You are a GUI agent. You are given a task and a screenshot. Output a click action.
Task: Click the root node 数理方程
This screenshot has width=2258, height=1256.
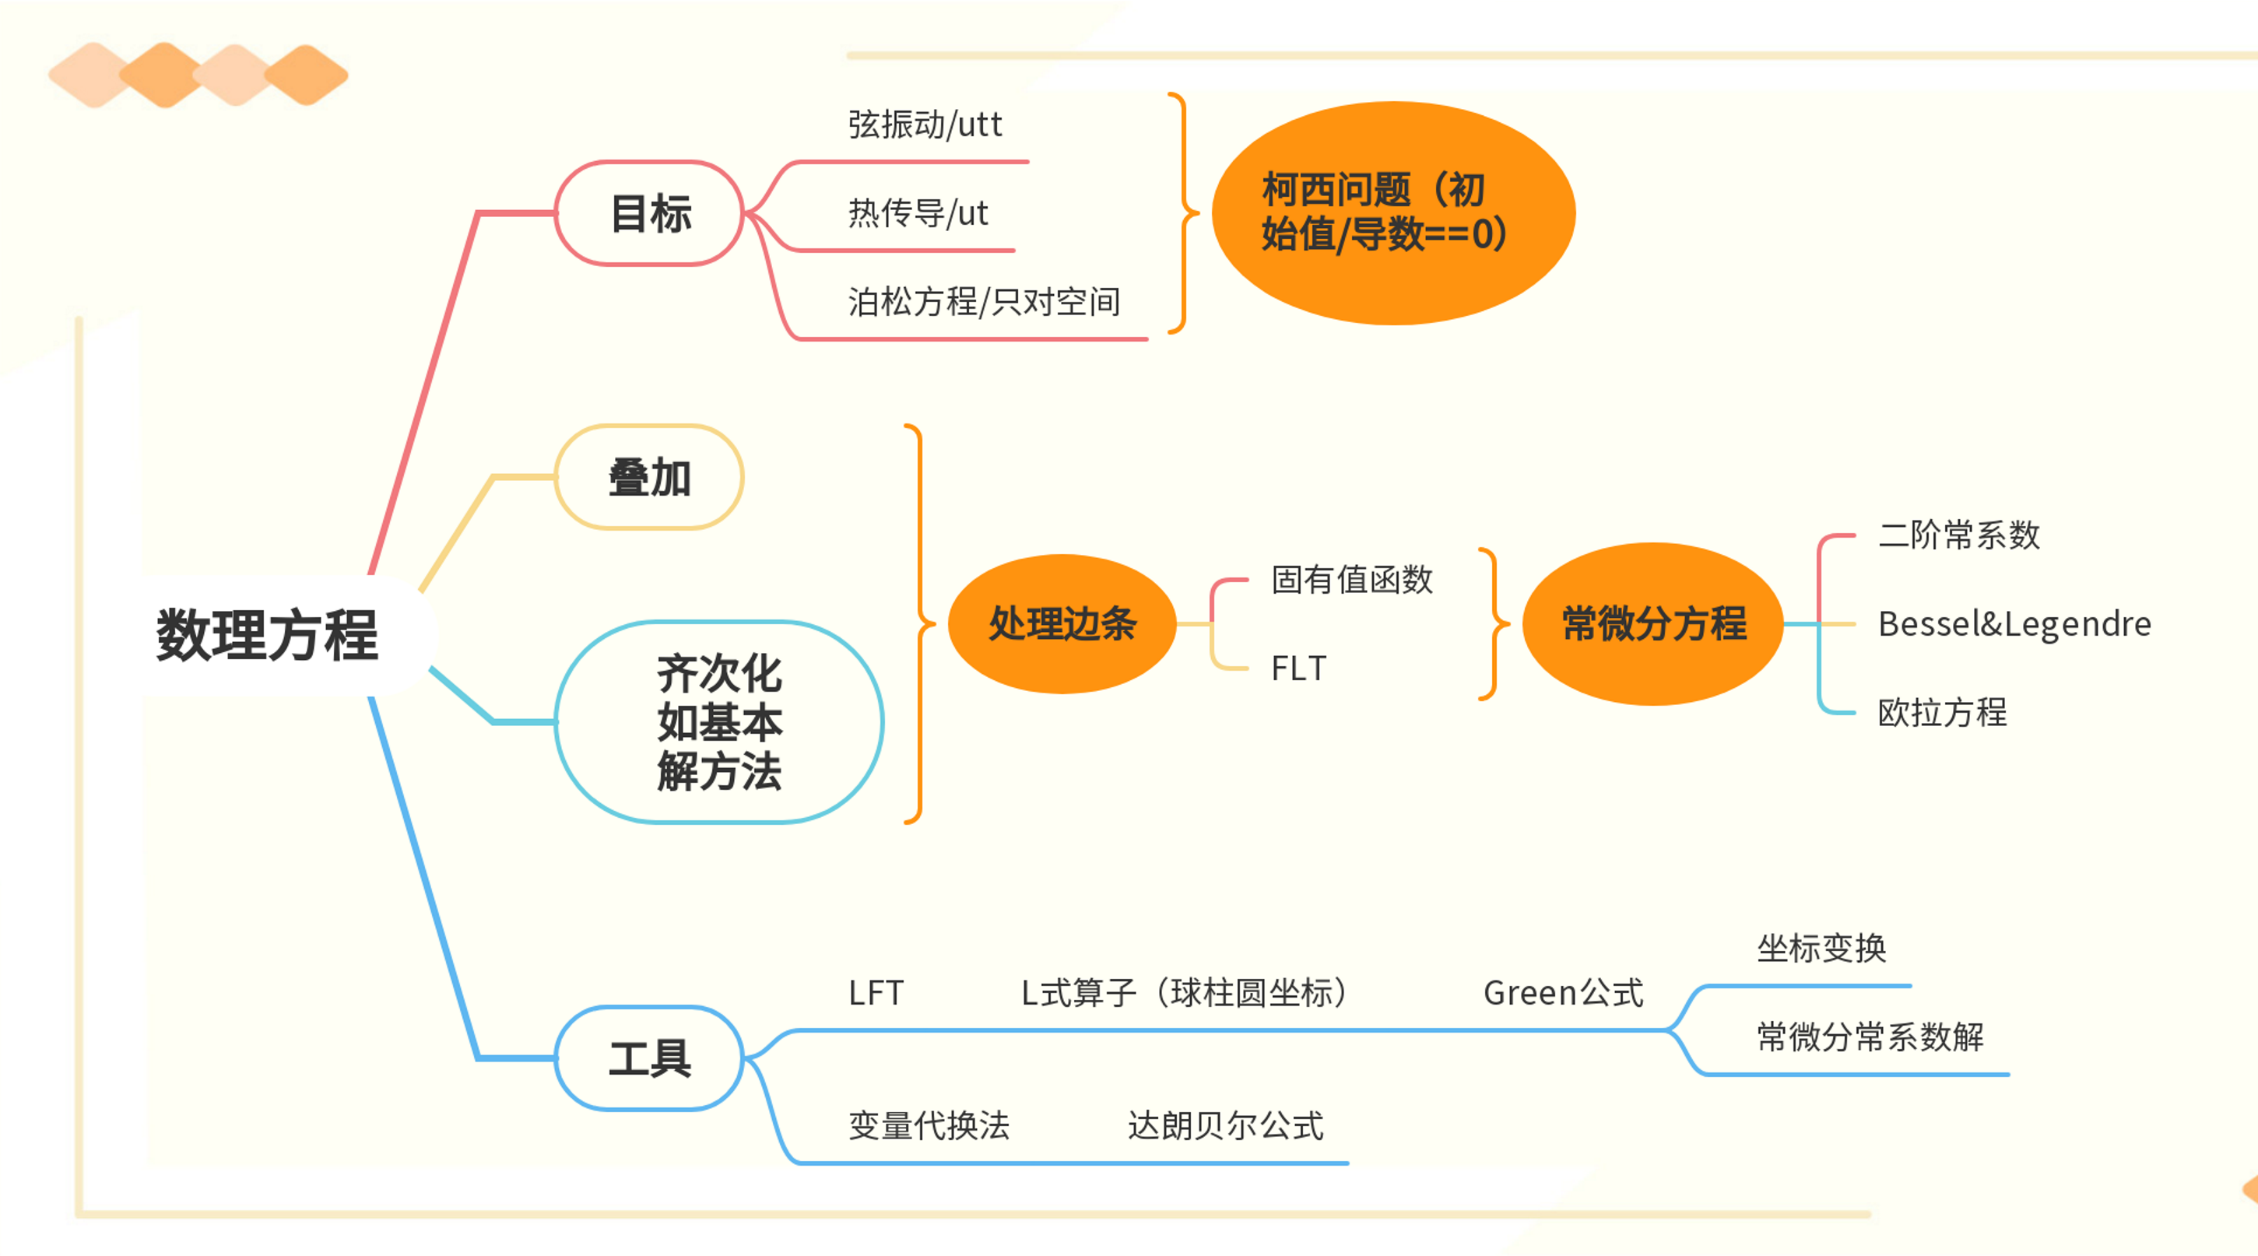click(267, 634)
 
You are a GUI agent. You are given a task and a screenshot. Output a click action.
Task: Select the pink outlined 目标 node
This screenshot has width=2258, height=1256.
click(649, 213)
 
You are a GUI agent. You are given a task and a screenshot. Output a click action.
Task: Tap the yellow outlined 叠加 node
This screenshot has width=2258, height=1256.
click(649, 477)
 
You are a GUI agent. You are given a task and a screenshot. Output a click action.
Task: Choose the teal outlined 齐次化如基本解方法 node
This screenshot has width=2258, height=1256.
click(718, 722)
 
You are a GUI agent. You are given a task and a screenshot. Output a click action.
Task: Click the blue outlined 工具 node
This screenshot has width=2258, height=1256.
click(649, 1058)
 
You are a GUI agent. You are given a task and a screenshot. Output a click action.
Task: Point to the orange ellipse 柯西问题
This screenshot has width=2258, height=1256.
click(1392, 213)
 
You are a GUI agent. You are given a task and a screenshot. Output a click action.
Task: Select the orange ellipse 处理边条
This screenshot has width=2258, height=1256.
click(1062, 623)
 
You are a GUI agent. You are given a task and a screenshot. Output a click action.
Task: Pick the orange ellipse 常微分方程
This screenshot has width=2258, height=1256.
click(1653, 623)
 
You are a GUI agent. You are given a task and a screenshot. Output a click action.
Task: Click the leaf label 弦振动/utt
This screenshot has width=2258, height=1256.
click(925, 125)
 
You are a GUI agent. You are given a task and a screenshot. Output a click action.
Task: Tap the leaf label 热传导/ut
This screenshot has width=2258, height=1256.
click(918, 213)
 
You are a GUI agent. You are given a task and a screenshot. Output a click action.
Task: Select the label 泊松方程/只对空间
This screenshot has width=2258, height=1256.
click(985, 301)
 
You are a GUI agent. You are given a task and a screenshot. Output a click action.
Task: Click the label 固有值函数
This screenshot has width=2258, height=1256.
click(1352, 579)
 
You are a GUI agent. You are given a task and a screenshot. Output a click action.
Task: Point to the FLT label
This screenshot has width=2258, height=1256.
click(1298, 668)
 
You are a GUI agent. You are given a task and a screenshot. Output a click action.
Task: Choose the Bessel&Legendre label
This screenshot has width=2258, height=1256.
click(2014, 623)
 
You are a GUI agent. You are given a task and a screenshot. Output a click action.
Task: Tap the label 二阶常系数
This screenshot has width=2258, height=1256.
click(1959, 535)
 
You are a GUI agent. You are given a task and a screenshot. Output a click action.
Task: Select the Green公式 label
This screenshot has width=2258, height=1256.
click(1563, 993)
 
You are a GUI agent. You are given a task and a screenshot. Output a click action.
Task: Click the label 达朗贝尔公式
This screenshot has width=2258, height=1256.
click(1225, 1125)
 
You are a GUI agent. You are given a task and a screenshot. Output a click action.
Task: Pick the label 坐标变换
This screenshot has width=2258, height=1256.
click(1821, 949)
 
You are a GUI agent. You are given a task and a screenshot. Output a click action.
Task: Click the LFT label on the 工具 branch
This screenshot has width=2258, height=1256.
click(876, 993)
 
